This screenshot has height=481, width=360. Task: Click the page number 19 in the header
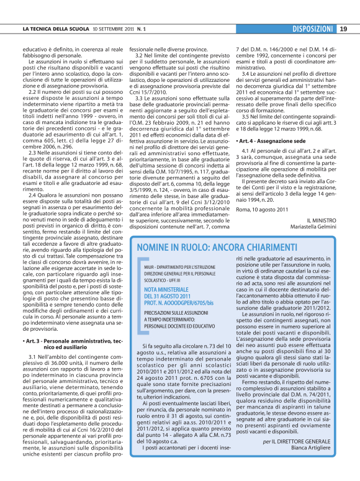343,29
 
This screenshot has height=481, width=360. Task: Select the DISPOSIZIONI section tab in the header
313,29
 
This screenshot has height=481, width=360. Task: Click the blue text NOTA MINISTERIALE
168,290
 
